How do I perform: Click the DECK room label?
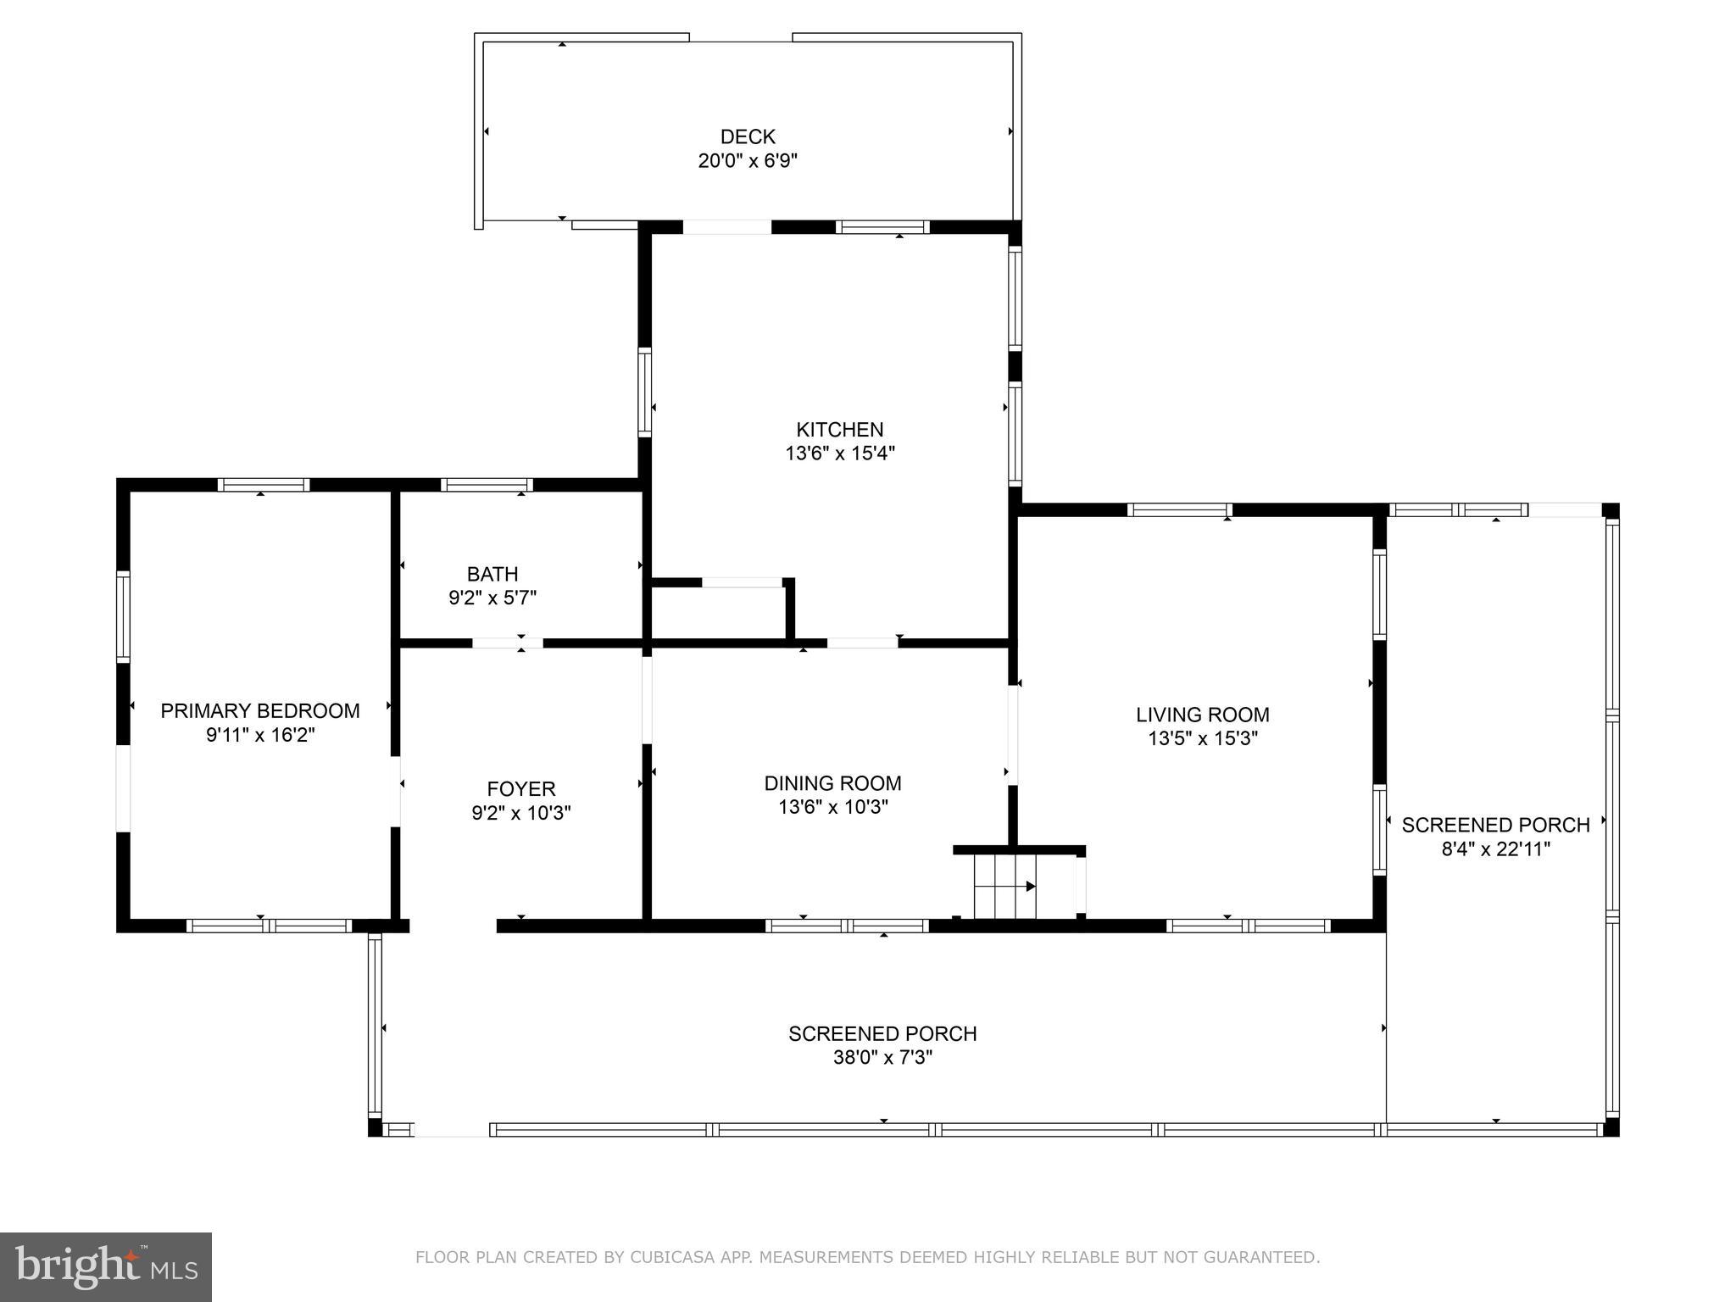[748, 136]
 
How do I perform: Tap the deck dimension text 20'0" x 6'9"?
[748, 160]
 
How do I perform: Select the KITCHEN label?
[839, 430]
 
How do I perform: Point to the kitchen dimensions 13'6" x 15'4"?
[839, 453]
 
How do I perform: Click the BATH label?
[492, 574]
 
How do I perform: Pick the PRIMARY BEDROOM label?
[260, 711]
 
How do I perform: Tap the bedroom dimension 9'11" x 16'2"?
[260, 735]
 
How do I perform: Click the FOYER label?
[520, 789]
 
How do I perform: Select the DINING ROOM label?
[832, 783]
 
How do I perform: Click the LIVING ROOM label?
[1202, 715]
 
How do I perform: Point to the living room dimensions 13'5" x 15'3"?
[1202, 738]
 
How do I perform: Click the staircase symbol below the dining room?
[1005, 887]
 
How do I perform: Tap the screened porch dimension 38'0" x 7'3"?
[882, 1058]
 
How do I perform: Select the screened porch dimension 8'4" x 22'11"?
[1495, 849]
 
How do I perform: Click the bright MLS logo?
[105, 1266]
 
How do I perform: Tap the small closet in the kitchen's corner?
[719, 612]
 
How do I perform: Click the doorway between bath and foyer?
[507, 643]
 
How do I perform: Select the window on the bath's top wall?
[487, 486]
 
